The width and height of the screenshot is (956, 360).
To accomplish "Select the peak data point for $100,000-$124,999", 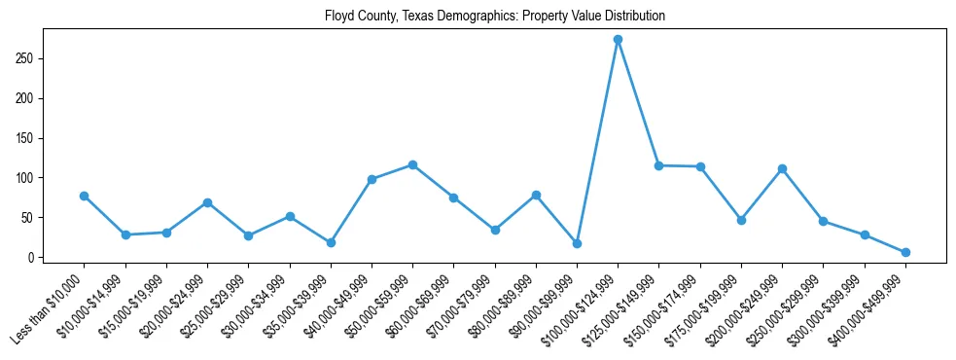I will click(618, 40).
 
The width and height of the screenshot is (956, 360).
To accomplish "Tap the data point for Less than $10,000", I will click(84, 196).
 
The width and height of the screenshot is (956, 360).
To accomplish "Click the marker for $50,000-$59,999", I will click(412, 164).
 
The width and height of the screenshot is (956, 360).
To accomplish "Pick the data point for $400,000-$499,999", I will click(905, 252).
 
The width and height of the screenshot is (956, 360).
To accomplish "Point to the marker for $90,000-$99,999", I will click(577, 243).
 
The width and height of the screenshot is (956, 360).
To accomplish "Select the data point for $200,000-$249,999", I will click(782, 168).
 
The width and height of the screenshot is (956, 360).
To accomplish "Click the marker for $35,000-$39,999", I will click(331, 242).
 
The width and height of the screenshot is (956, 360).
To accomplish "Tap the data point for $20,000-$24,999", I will click(207, 202).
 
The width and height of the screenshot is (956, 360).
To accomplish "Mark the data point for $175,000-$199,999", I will click(741, 220).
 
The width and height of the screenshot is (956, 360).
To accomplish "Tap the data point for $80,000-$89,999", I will click(536, 195).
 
